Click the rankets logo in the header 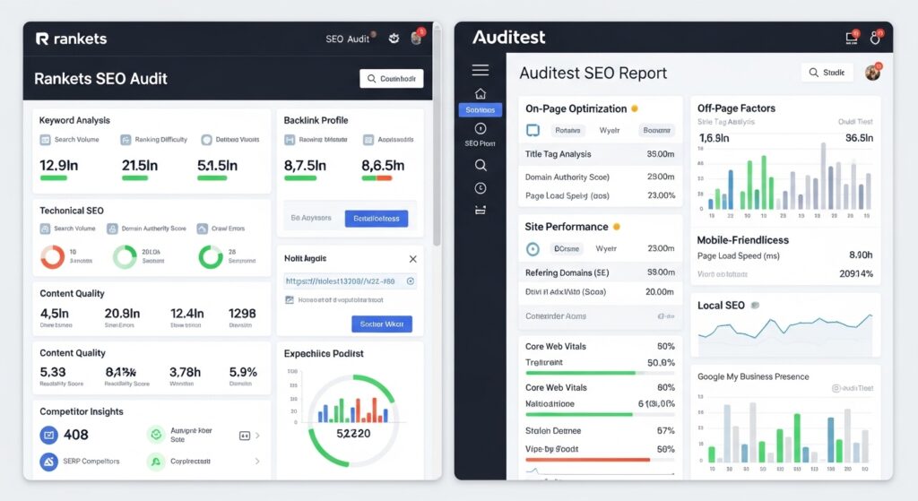pos(71,39)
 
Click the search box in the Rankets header pos(391,79)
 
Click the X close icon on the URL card pos(412,259)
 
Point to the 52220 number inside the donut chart pos(351,433)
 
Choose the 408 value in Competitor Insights pos(76,435)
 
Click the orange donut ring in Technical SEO pos(52,256)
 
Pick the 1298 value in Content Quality pos(241,314)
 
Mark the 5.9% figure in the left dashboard pos(243,371)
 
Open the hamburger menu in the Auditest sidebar pos(480,70)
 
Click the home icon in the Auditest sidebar pos(480,93)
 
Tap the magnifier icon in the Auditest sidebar pos(480,165)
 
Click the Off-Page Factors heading pos(736,108)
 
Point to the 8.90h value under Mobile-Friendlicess pos(860,255)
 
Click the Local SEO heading pos(721,306)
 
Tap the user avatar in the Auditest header pos(871,73)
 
